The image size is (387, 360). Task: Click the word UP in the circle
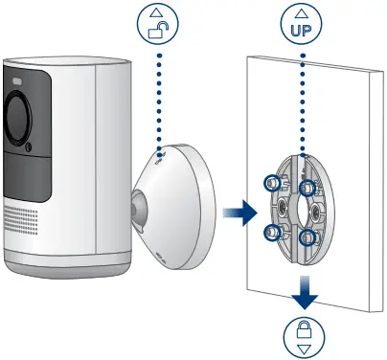pos(304,30)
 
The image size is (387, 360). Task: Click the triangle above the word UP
pos(304,13)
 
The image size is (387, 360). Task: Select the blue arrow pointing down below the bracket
pos(304,292)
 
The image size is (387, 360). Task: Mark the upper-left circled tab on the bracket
pos(273,182)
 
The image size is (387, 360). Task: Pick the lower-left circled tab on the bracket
pos(273,229)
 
